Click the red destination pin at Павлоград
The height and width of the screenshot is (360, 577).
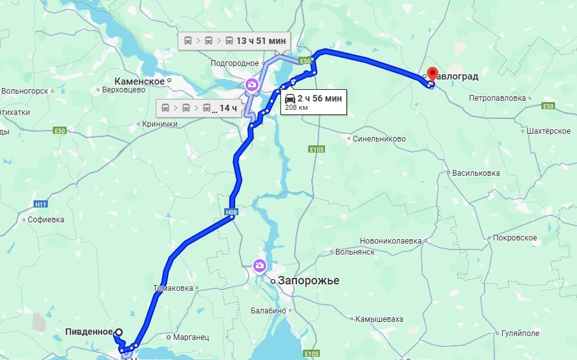[x=432, y=73]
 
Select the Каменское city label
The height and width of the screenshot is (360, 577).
[x=139, y=81]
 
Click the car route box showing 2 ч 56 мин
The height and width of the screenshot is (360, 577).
[x=313, y=101]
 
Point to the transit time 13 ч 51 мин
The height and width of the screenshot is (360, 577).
[x=260, y=41]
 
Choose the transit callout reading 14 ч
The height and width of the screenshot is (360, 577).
[x=228, y=107]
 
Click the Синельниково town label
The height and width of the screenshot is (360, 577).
[x=380, y=138]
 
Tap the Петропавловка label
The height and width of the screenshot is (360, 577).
[x=497, y=98]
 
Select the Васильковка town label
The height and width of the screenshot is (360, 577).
[x=476, y=173]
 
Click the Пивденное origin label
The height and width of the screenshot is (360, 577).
[x=89, y=332]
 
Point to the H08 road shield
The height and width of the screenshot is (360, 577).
[x=232, y=212]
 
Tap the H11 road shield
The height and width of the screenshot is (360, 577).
[x=41, y=204]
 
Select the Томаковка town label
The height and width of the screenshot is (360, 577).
[x=173, y=288]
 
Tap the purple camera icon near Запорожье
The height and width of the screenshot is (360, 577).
[x=259, y=265]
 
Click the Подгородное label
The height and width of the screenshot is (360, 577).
[x=234, y=63]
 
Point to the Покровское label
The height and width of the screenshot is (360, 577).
[x=515, y=238]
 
